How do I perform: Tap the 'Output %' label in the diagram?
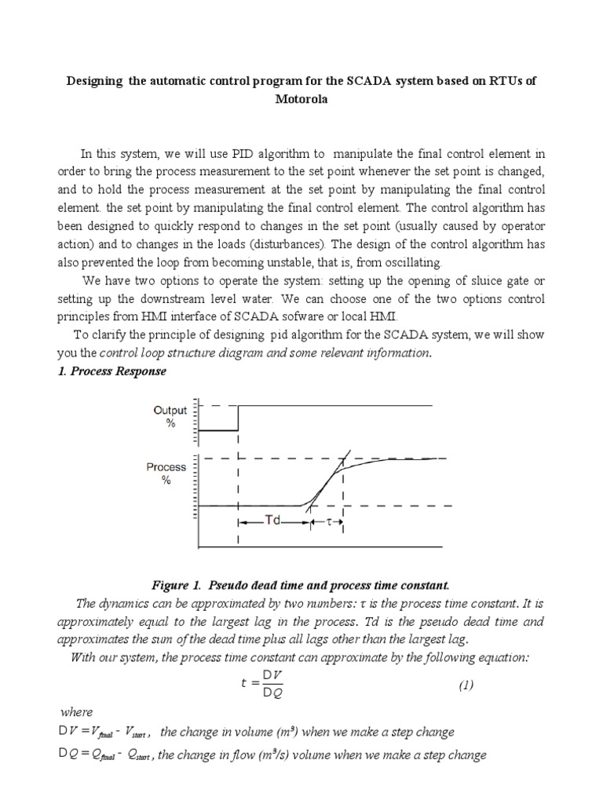[x=170, y=416]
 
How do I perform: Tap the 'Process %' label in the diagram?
[x=166, y=473]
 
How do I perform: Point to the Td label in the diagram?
[x=272, y=520]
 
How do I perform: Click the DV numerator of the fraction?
[x=272, y=674]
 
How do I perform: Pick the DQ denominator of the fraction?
[x=272, y=695]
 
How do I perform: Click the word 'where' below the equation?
[x=76, y=713]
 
